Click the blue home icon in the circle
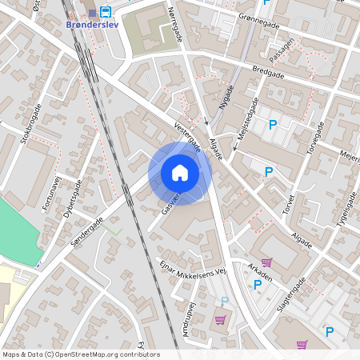[x=179, y=173]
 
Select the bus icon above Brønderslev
[x=106, y=12]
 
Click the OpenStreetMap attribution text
[x=81, y=354]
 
